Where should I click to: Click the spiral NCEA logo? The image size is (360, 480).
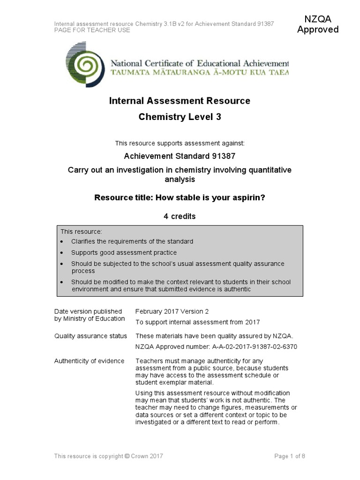(x=86, y=64)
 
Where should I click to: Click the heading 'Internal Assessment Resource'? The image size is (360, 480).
(x=180, y=101)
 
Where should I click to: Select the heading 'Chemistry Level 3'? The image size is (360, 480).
(x=180, y=117)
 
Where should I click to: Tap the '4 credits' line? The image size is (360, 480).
(x=180, y=217)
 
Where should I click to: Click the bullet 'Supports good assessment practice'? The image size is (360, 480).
(x=124, y=253)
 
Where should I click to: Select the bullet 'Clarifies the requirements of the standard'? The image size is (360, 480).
(x=132, y=241)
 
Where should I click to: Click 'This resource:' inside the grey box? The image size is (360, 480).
(x=81, y=232)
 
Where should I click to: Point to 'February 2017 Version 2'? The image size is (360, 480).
(x=172, y=311)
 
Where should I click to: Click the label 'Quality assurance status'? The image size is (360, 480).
(x=90, y=336)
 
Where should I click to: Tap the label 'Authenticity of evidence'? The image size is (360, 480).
(x=89, y=360)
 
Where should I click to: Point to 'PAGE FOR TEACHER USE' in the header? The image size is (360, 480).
(x=92, y=30)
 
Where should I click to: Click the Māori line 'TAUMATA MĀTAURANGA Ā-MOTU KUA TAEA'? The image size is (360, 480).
(x=199, y=73)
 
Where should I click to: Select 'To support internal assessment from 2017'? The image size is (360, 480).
(x=197, y=322)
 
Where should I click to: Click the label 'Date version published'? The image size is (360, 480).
(x=88, y=311)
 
